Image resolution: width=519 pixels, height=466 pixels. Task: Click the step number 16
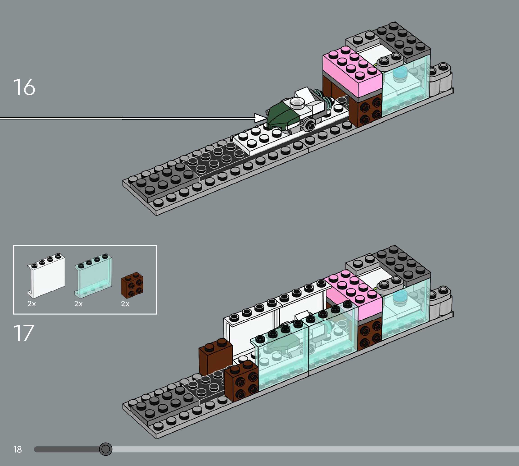pos(24,87)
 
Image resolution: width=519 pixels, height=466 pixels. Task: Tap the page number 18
pos(17,449)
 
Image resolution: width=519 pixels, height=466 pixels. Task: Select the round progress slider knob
pos(105,449)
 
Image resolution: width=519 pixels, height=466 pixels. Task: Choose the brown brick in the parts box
pos(132,285)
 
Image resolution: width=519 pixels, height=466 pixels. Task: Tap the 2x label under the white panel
pos(32,304)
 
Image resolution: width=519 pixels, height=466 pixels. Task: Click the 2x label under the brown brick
pos(125,304)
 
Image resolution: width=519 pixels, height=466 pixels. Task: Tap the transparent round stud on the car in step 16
pos(297,102)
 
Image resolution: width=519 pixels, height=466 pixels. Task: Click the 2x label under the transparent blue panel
pos(78,304)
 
